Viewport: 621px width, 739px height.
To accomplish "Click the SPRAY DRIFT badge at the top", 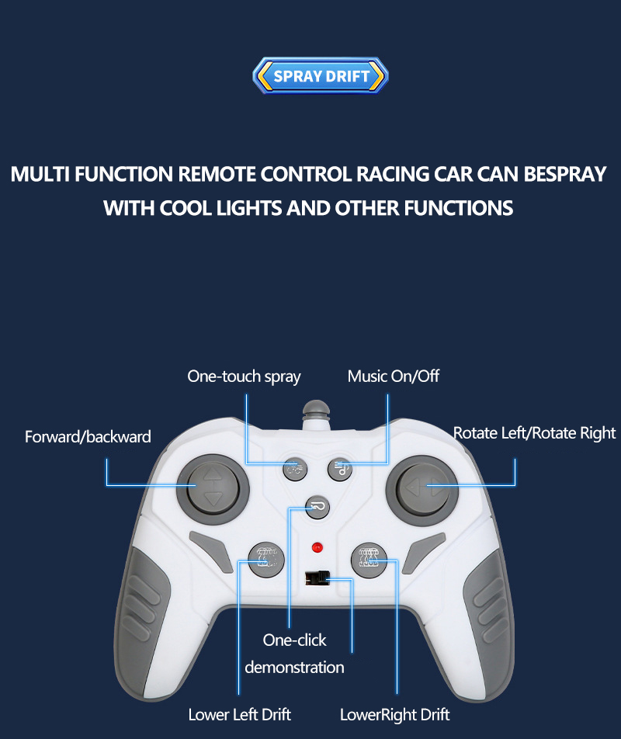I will point(321,76).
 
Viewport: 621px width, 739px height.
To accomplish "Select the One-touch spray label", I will point(244,376).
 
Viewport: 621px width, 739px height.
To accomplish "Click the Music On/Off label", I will point(393,376).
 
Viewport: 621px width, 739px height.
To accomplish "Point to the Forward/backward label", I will point(88,436).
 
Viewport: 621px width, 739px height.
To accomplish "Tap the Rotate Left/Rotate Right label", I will point(534,433).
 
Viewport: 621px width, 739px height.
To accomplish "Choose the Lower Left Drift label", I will point(240,714).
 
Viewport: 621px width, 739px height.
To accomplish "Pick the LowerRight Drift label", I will point(395,714).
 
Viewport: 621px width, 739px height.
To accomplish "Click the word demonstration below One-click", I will point(294,667).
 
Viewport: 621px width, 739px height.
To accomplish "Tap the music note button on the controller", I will point(341,467).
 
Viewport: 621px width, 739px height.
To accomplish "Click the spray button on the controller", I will point(293,467).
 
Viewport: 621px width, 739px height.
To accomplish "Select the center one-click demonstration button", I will point(317,507).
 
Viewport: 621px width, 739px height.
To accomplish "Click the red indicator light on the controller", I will point(317,547).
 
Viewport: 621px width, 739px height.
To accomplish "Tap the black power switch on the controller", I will point(316,578).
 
